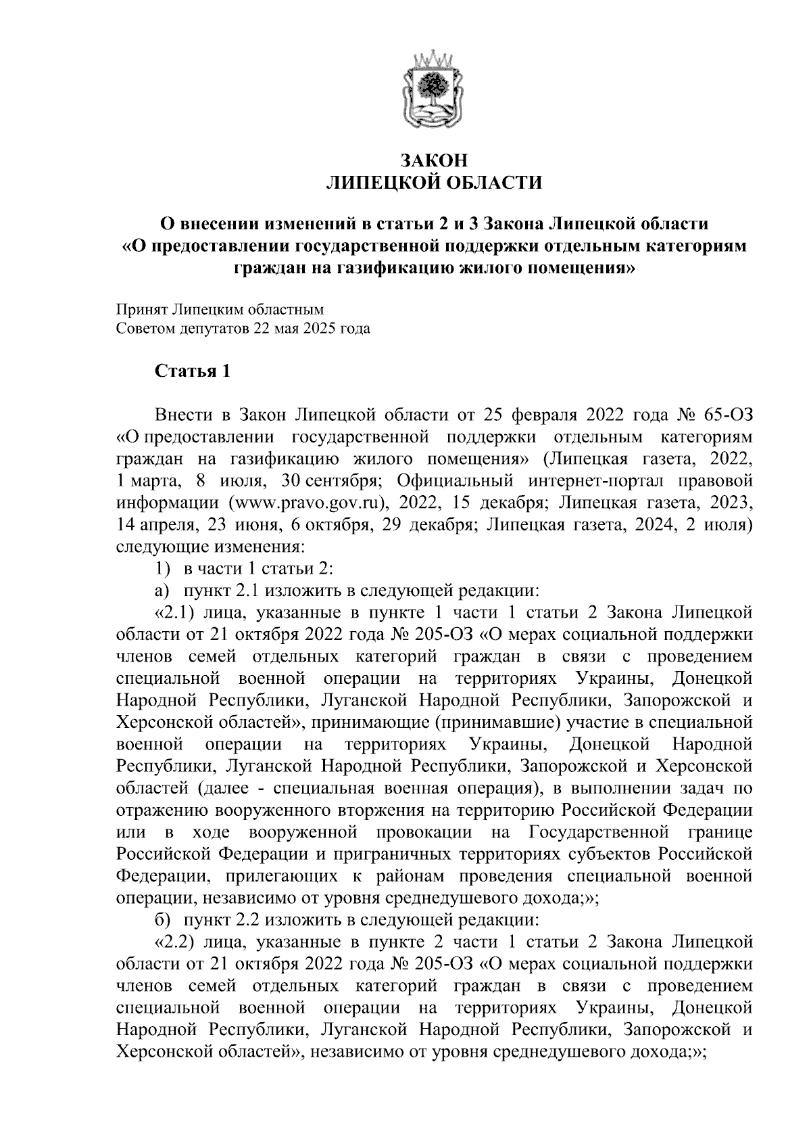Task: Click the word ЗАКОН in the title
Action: (x=434, y=161)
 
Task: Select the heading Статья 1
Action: (x=193, y=371)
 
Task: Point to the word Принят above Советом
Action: (x=141, y=310)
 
